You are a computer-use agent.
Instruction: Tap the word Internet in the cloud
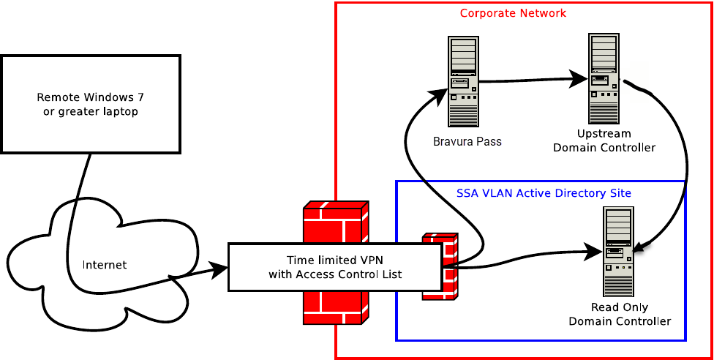click(104, 265)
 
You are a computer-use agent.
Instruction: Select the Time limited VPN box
click(335, 267)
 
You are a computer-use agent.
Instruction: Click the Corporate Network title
click(513, 13)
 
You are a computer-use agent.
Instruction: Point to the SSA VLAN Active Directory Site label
click(543, 193)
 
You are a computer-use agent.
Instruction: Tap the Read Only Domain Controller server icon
click(618, 250)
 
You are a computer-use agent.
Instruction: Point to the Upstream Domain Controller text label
click(604, 141)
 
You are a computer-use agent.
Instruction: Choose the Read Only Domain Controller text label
click(619, 315)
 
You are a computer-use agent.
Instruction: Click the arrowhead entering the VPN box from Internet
click(219, 269)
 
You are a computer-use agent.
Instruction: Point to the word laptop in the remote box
click(122, 112)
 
